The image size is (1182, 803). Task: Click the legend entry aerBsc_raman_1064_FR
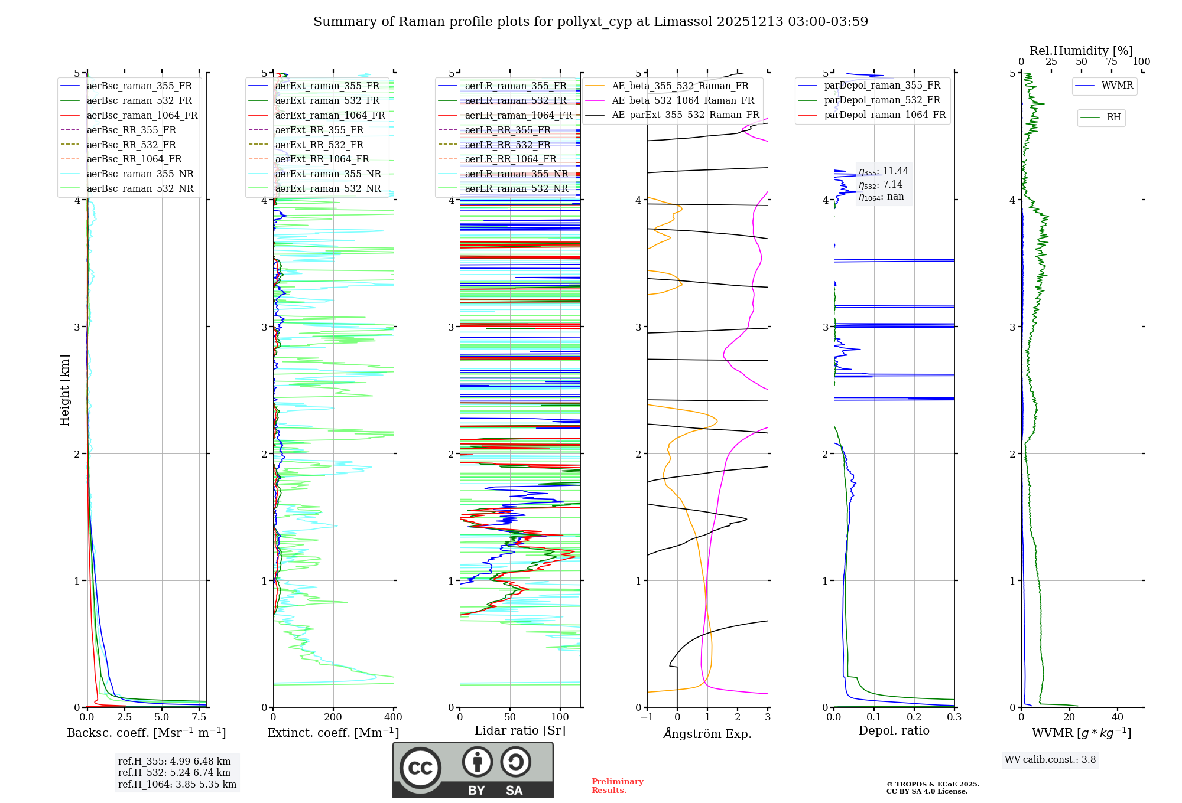142,116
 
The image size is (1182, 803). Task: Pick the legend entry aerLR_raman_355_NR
516,174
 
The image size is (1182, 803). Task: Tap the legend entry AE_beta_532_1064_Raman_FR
683,101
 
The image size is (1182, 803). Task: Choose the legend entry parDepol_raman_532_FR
882,100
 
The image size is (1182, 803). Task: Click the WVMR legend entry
1117,86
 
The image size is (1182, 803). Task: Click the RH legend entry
1113,117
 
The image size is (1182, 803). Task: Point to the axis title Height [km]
64,390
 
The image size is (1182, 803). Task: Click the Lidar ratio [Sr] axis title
520,731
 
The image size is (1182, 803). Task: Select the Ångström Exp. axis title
707,733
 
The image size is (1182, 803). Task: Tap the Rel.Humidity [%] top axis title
1081,51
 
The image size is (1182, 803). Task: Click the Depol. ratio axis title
894,731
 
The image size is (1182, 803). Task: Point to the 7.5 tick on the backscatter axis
199,717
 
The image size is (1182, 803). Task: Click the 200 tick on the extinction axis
333,717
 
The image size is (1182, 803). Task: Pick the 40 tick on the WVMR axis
1118,717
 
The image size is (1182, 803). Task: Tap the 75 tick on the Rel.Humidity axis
1112,62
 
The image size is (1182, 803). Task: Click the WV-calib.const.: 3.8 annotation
1050,760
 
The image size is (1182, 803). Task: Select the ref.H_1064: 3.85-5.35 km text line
177,785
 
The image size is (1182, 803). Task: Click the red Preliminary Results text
617,786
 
